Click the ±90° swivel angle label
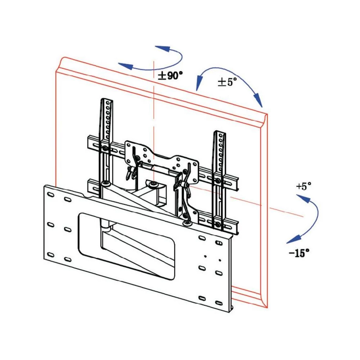coord(170,76)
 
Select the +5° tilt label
coord(303,186)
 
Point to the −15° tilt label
coord(299,253)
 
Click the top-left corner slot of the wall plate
coord(51,194)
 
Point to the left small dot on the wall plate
coord(205,256)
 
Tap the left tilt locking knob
coord(129,173)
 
